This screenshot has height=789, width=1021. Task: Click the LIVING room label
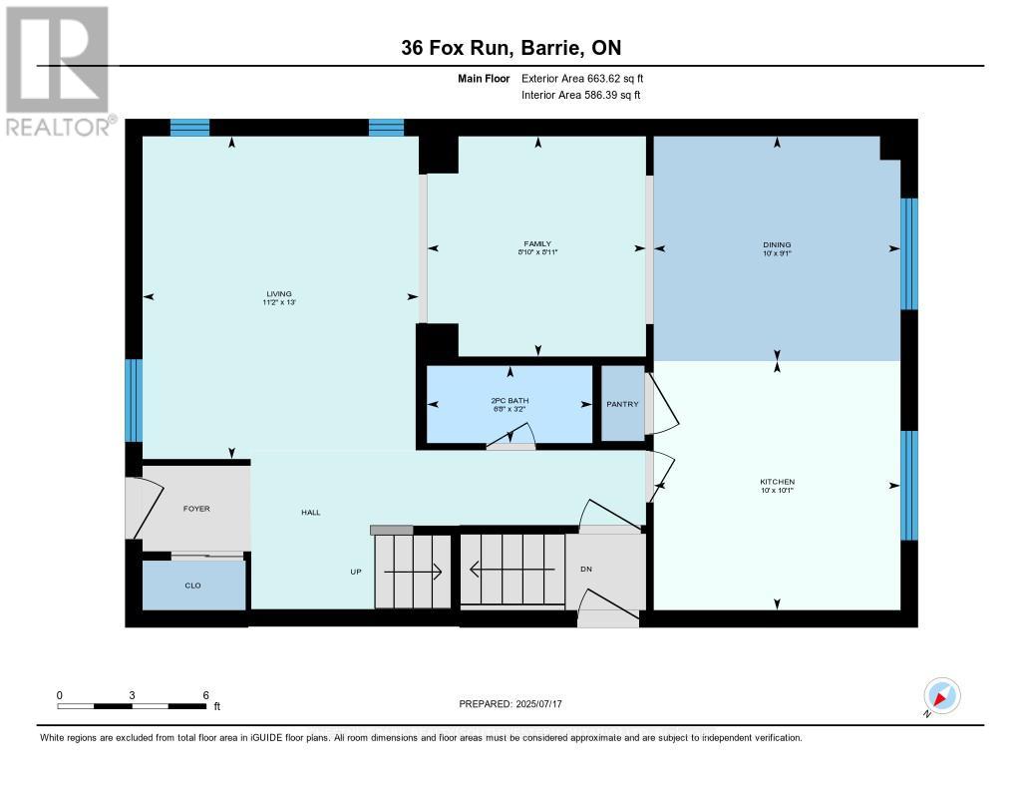pyautogui.click(x=278, y=293)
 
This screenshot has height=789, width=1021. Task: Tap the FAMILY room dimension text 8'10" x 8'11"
pyautogui.click(x=537, y=252)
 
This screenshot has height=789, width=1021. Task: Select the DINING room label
pyautogui.click(x=777, y=244)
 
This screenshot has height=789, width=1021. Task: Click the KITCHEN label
pyautogui.click(x=777, y=482)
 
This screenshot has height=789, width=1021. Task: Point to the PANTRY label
pyautogui.click(x=622, y=404)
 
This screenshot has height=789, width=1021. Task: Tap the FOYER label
pyautogui.click(x=196, y=508)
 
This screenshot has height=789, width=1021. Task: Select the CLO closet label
pyautogui.click(x=192, y=586)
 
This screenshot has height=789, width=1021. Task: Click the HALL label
pyautogui.click(x=310, y=512)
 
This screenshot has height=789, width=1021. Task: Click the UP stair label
pyautogui.click(x=355, y=573)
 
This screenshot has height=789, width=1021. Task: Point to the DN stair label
pyautogui.click(x=586, y=569)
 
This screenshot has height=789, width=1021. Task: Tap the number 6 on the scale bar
pyautogui.click(x=204, y=694)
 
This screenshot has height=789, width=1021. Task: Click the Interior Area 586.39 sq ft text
pyautogui.click(x=580, y=95)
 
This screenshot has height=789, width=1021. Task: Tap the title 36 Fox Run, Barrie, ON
pyautogui.click(x=510, y=48)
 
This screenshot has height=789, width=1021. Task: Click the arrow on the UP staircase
pyautogui.click(x=413, y=572)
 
